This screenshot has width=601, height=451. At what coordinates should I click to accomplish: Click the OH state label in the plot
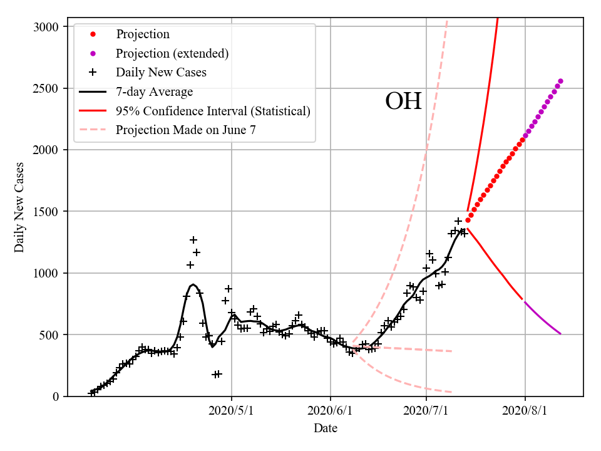click(403, 101)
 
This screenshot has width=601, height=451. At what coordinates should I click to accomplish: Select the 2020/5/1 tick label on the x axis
click(232, 411)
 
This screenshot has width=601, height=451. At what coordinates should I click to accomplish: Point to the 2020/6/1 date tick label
click(331, 411)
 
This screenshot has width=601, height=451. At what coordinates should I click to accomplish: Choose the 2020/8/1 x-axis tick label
click(525, 411)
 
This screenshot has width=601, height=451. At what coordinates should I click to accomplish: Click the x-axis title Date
click(326, 428)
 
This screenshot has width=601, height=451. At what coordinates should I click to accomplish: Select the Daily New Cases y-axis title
click(19, 207)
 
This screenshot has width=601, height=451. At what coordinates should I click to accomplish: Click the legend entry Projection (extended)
click(172, 53)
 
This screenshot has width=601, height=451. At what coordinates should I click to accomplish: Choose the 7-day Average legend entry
click(154, 92)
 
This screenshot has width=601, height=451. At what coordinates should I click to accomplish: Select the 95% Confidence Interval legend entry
click(213, 111)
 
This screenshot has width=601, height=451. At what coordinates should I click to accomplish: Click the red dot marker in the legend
click(93, 34)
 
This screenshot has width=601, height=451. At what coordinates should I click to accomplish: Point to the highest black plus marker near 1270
click(193, 240)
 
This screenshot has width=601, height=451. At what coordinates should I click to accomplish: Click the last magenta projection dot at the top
click(560, 81)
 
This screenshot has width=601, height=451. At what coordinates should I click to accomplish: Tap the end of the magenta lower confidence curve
click(560, 334)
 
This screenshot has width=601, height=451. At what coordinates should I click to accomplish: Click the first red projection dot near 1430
click(467, 220)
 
